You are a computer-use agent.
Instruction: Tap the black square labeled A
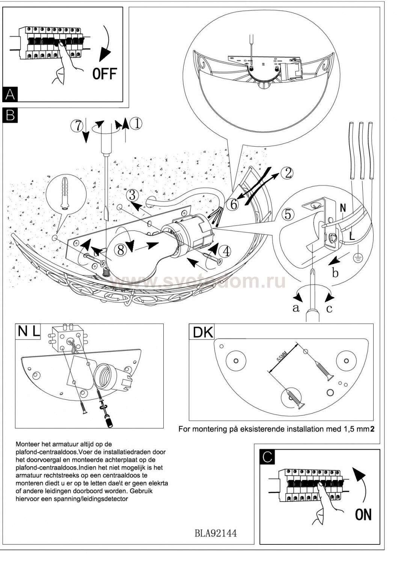point(10,94)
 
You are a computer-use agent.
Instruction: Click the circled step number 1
point(136,123)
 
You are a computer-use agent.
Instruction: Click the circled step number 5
point(288,214)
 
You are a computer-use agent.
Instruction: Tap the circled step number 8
point(121,250)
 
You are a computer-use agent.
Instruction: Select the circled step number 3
point(131,195)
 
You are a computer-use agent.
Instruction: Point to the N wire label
point(342,208)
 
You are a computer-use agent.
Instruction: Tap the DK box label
point(203,332)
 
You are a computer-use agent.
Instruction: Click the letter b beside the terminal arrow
point(335,273)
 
